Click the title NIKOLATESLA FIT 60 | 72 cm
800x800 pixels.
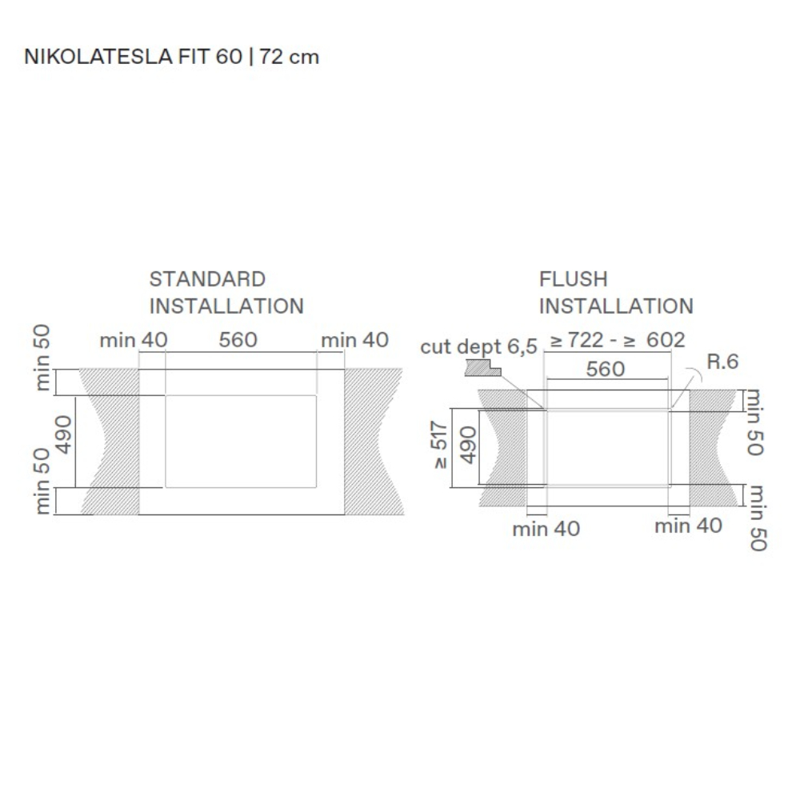point(171,57)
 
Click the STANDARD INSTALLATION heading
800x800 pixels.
point(226,293)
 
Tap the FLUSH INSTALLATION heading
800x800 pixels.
point(616,293)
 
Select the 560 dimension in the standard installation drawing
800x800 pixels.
point(238,340)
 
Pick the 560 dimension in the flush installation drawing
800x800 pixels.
point(605,369)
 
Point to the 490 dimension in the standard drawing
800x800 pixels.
point(64,434)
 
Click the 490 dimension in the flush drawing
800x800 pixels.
point(468,445)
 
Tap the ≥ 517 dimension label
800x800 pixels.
point(439,445)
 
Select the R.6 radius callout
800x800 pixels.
point(722,362)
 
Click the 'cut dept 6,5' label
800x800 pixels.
point(478,347)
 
